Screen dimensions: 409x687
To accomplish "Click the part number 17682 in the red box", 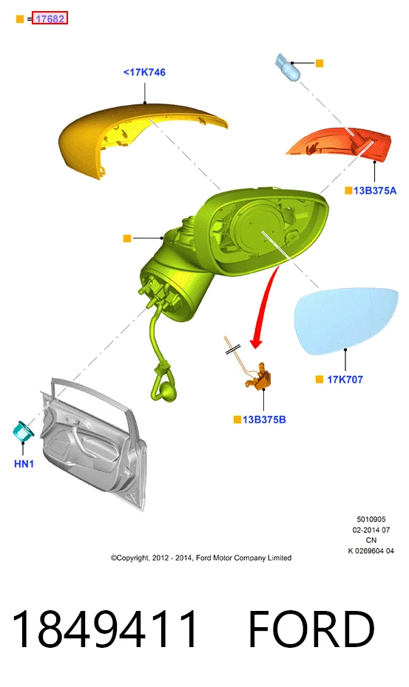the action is point(50,18).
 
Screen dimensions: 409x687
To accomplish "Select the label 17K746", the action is point(144,72).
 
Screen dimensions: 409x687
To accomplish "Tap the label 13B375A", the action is point(375,191).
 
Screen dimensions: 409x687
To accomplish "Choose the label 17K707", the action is point(345,380).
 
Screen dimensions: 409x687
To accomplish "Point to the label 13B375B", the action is point(264,420).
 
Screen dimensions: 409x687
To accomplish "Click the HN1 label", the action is point(24,464).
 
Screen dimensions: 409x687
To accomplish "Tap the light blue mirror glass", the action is point(347,321).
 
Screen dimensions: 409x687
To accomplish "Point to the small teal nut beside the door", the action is point(23,431).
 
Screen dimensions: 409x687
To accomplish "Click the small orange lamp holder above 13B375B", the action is point(260,376).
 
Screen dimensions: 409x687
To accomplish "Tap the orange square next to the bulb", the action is point(320,63).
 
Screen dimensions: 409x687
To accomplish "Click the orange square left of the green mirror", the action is point(127,239).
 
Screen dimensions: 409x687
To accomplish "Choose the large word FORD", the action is point(311,629).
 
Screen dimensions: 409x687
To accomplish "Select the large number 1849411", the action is point(105,629).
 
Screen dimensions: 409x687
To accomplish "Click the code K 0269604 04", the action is point(371,551).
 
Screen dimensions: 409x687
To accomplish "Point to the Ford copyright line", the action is point(201,558).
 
